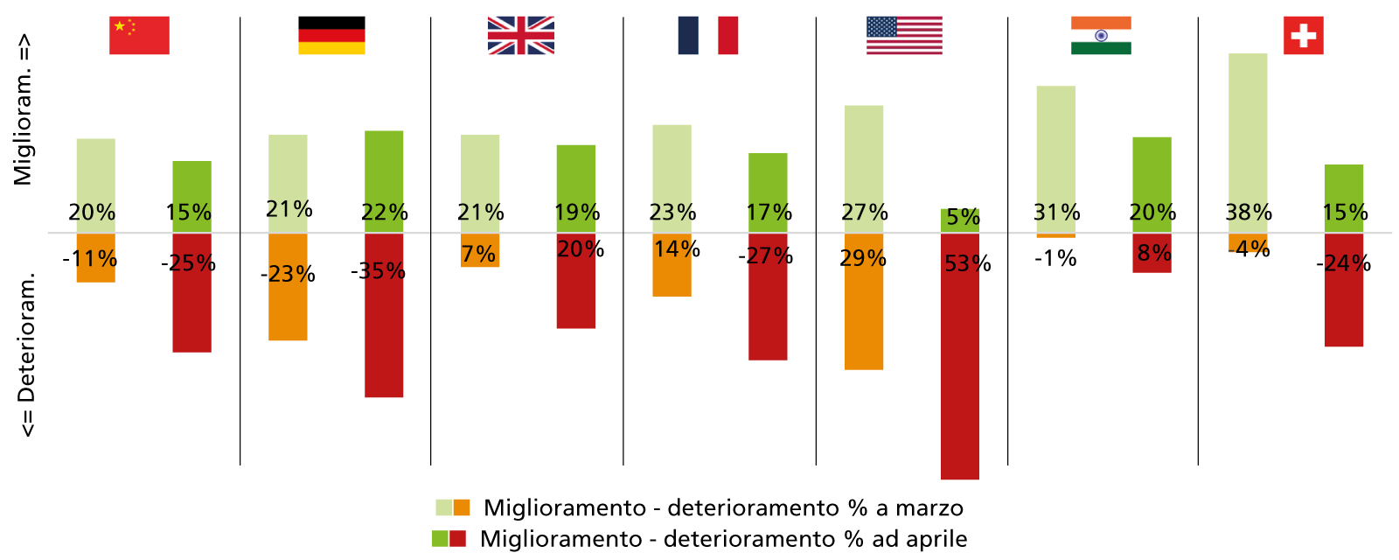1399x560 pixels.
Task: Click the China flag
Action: tap(139, 35)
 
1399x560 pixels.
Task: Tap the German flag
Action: tap(331, 41)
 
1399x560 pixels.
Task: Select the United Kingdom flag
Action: tap(520, 35)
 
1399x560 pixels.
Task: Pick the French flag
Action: tap(707, 35)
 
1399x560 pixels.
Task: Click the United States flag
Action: tap(904, 35)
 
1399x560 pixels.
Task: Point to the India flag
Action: tap(1101, 35)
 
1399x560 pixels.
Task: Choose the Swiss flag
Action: tap(1303, 35)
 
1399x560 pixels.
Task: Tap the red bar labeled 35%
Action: tap(384, 332)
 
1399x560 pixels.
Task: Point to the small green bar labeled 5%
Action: tap(960, 220)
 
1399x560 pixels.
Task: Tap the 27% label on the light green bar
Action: tap(864, 212)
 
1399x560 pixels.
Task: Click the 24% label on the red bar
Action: tap(1345, 263)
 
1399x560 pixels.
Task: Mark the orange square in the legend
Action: tap(462, 507)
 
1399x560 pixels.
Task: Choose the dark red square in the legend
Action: tap(457, 538)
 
